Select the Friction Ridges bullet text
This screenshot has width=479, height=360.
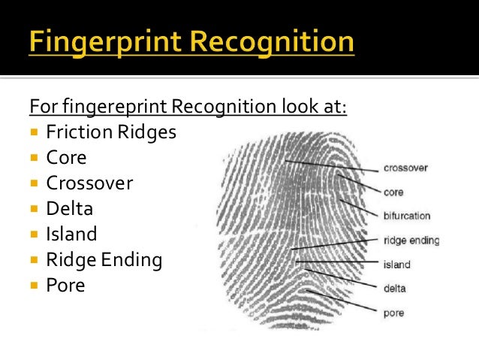111,132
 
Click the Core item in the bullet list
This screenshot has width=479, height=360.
66,158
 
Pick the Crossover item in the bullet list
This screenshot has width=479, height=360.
89,183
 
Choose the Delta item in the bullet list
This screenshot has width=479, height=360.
69,209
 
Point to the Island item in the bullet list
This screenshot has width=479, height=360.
71,234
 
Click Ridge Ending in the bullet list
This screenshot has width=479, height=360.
104,260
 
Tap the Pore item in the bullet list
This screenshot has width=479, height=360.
65,286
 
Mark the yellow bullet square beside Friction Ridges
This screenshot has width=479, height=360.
35,133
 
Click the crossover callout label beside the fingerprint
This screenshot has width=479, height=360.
405,168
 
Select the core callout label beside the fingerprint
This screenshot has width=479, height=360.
393,192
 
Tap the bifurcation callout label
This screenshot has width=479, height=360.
407,216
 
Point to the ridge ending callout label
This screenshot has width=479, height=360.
411,241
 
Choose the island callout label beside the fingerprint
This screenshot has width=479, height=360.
396,265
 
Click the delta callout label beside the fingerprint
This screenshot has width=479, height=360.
394,287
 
